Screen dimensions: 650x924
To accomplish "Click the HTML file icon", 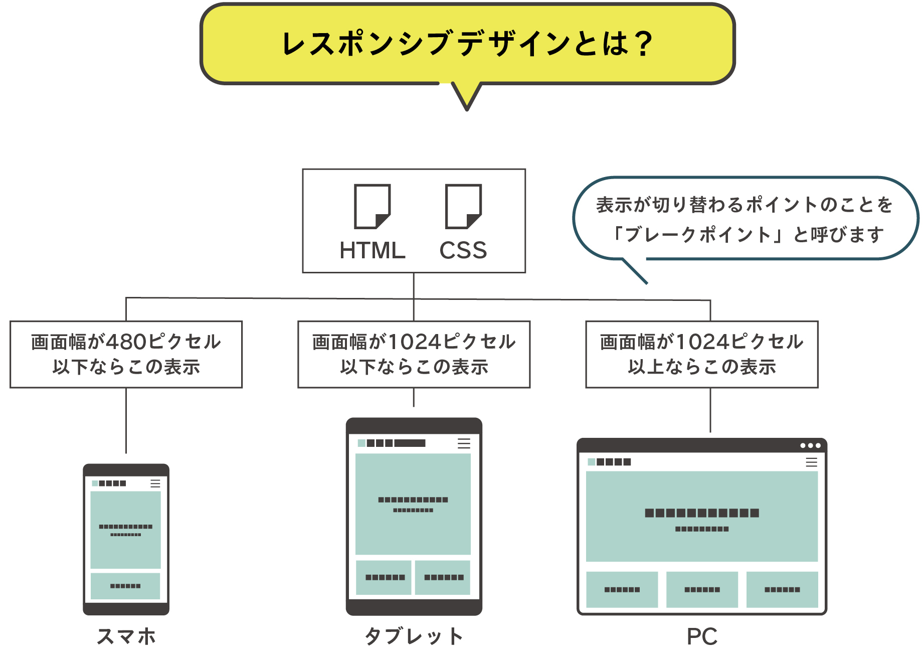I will tap(372, 206).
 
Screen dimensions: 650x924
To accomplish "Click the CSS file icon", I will tap(463, 206).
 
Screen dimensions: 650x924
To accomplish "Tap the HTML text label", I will tap(372, 250).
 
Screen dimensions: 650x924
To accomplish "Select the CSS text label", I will tap(463, 250).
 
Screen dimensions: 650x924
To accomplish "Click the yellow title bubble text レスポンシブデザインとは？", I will tap(467, 44).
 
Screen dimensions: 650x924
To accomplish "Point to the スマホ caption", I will tap(126, 636).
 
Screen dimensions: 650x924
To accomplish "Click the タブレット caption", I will tap(414, 636).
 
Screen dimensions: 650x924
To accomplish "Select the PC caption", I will tap(702, 636).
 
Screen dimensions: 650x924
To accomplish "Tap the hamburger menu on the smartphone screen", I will tap(155, 483).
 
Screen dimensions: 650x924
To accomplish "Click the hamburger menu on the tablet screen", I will tap(464, 443).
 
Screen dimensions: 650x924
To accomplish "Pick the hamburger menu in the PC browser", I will tap(811, 462).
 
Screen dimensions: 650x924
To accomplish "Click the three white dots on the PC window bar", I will tap(810, 445).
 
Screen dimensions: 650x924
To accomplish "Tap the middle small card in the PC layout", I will tap(702, 589).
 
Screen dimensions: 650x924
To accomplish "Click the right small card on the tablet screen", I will tap(443, 577).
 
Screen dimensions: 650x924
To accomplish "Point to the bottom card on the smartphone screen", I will tap(125, 586).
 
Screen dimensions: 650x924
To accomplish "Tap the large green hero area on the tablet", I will tap(413, 504).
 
